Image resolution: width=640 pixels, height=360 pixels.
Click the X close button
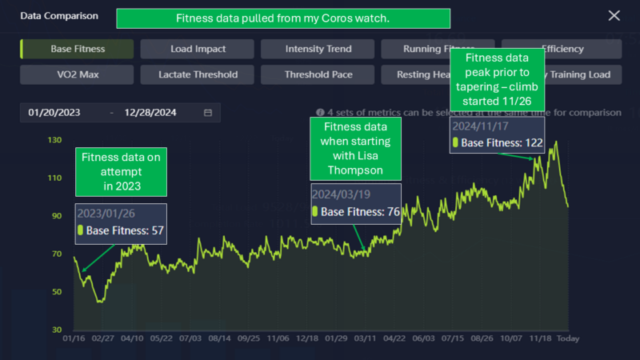click(x=614, y=15)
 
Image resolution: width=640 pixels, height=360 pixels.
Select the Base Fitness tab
click(x=78, y=49)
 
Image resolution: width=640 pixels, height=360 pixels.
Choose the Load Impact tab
click(x=198, y=49)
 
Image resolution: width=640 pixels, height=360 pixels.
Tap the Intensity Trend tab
click(x=318, y=49)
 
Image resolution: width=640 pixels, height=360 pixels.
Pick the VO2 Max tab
click(x=78, y=75)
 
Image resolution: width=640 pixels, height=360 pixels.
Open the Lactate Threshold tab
click(x=198, y=75)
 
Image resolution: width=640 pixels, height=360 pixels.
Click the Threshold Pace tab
click(x=318, y=75)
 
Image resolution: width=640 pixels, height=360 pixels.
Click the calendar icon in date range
click(x=208, y=113)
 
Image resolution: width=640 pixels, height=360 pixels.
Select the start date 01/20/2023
click(x=54, y=113)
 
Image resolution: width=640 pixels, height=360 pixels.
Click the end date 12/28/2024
click(x=151, y=113)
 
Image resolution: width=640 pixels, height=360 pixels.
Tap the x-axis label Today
click(x=567, y=338)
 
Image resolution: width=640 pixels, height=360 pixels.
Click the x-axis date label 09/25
click(x=249, y=338)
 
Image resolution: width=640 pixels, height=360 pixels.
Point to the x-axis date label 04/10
click(x=131, y=338)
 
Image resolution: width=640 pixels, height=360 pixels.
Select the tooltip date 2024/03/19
click(x=341, y=194)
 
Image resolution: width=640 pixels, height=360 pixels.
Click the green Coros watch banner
click(x=282, y=18)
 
